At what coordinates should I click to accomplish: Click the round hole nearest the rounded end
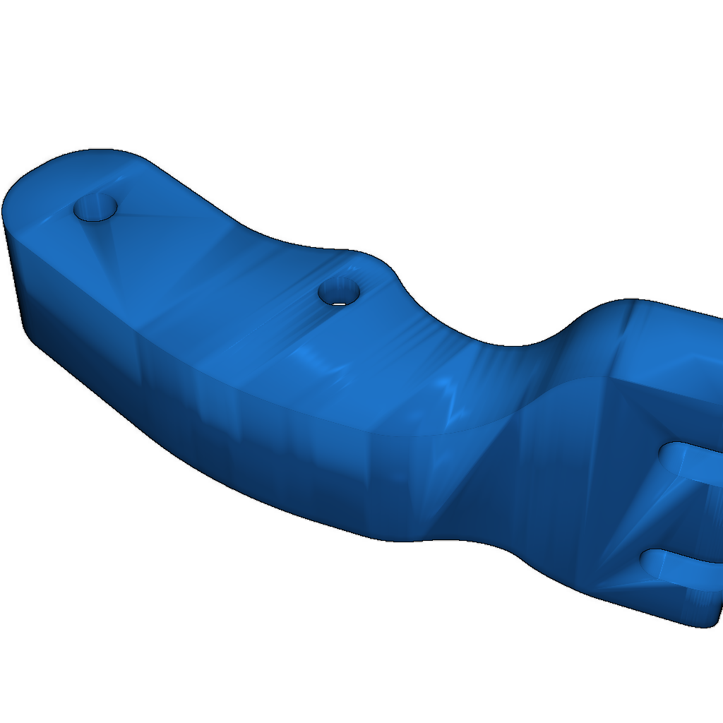click(x=96, y=208)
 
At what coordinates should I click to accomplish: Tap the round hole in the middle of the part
click(x=340, y=291)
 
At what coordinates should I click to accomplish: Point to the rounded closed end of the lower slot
click(x=651, y=561)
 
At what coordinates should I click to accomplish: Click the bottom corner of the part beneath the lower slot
click(x=699, y=625)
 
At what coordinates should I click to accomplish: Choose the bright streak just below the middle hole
click(x=318, y=360)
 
